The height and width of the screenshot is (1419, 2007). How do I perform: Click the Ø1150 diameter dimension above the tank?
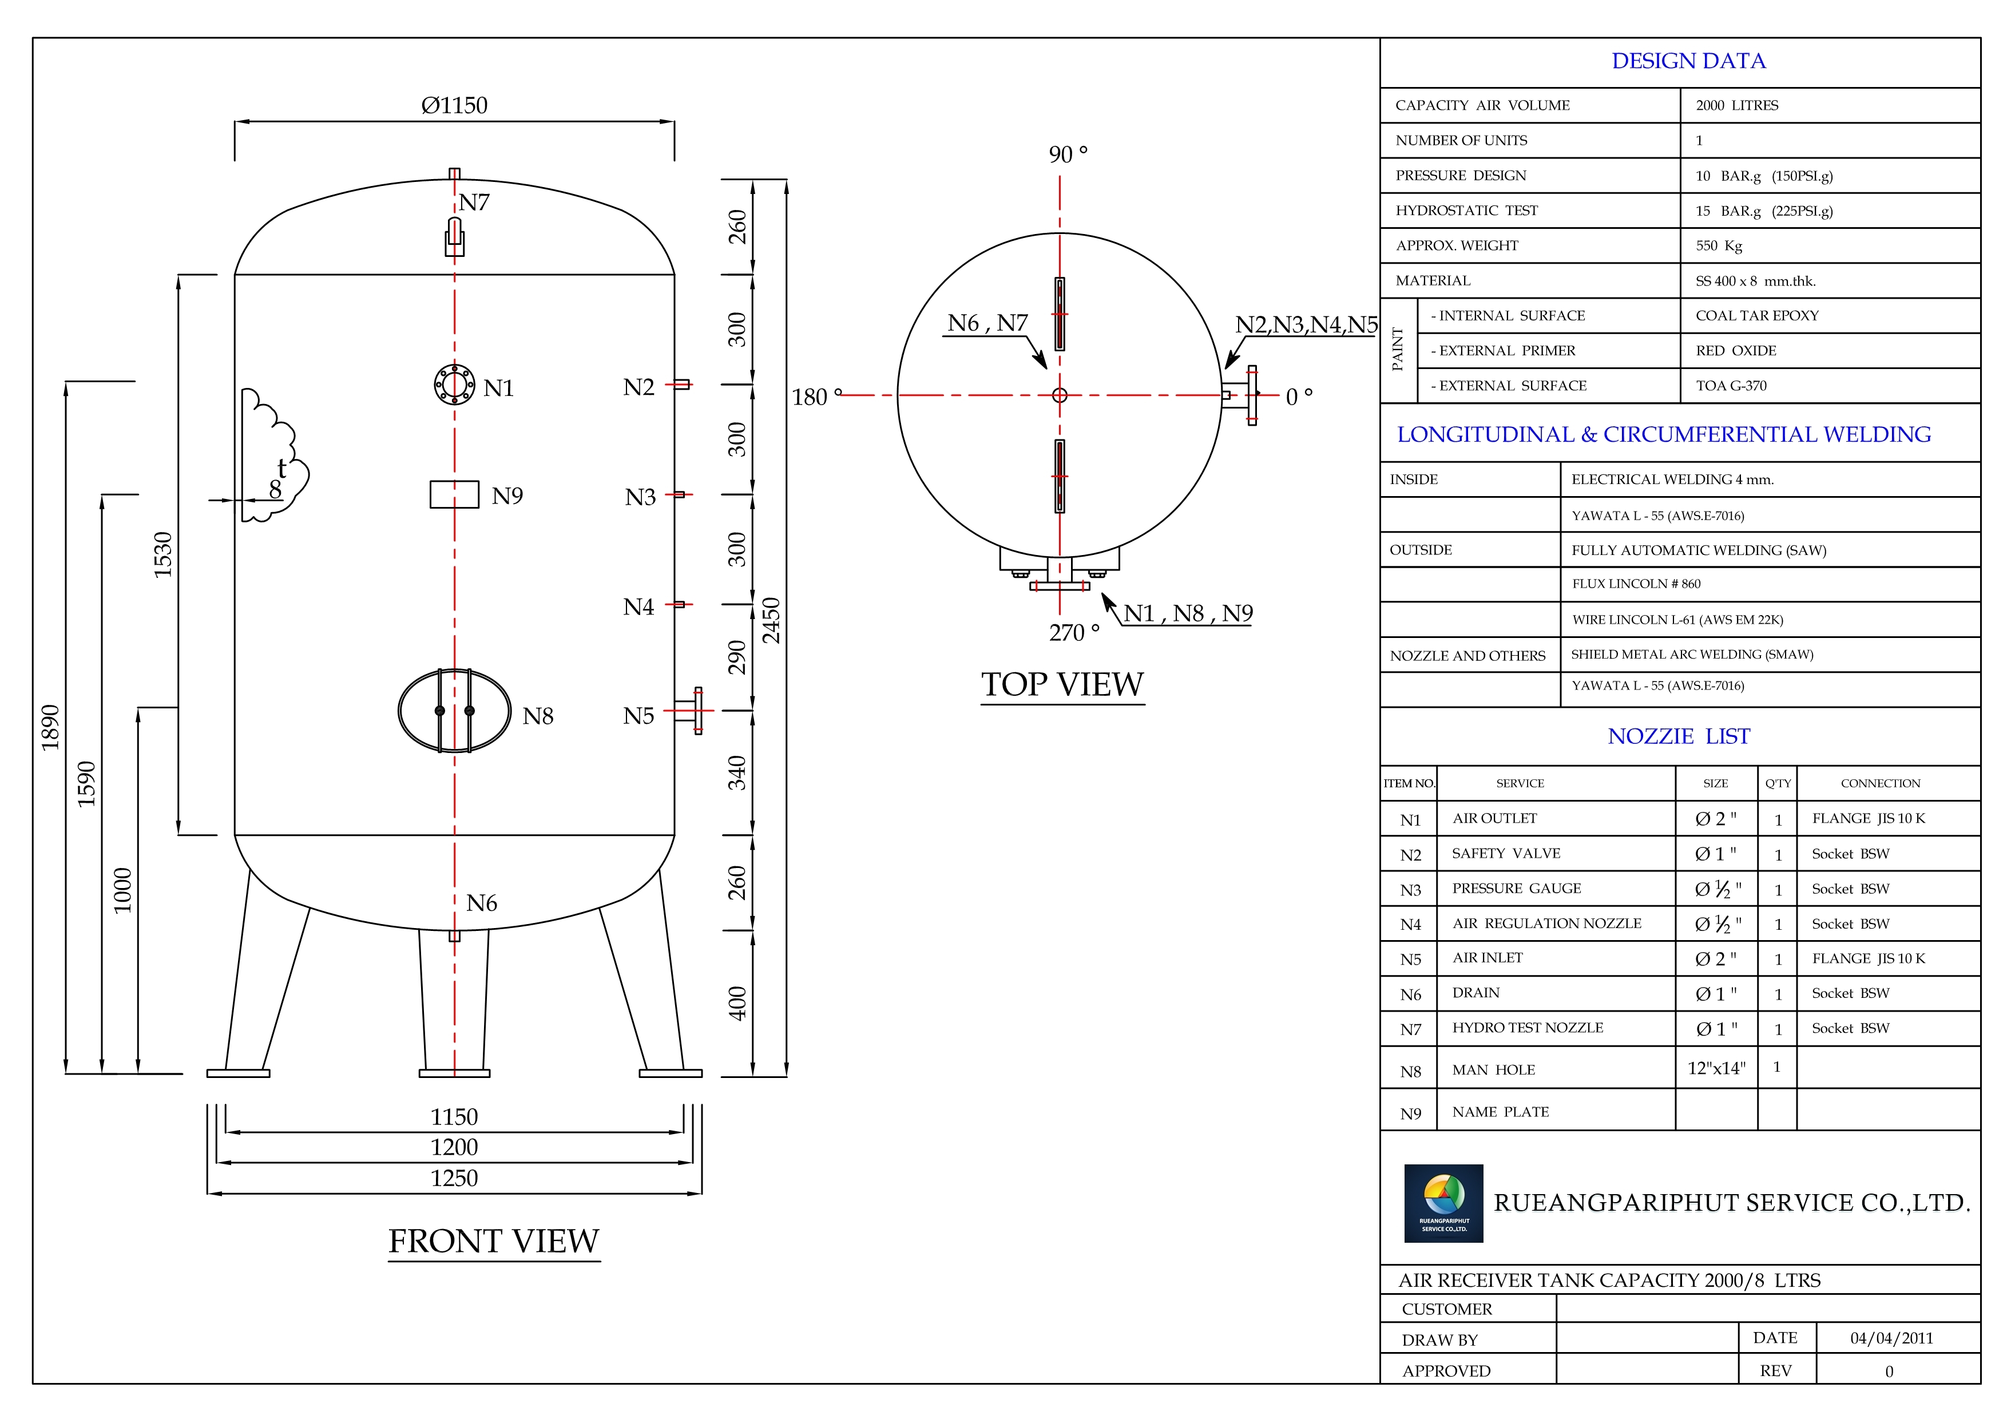pyautogui.click(x=454, y=106)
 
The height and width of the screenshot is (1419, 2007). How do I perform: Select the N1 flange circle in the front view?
pyautogui.click(x=454, y=385)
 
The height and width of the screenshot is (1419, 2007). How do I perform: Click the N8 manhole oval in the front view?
pyautogui.click(x=454, y=711)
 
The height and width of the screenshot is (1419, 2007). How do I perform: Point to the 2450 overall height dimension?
pyautogui.click(x=771, y=621)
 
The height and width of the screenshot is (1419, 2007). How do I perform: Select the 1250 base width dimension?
pyautogui.click(x=454, y=1178)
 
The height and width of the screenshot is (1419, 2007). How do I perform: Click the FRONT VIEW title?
pyautogui.click(x=494, y=1240)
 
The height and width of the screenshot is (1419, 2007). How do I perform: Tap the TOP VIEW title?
pyautogui.click(x=1062, y=684)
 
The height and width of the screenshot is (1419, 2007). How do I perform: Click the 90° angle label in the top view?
pyautogui.click(x=1068, y=154)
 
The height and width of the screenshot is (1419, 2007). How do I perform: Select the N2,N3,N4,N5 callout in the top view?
pyautogui.click(x=1306, y=324)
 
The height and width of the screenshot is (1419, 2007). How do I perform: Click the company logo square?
pyautogui.click(x=1443, y=1203)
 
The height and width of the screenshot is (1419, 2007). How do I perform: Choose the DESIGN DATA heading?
pyautogui.click(x=1688, y=61)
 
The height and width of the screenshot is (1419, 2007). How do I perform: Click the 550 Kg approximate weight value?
pyautogui.click(x=1719, y=245)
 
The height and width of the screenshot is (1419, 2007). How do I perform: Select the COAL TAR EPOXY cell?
pyautogui.click(x=1757, y=316)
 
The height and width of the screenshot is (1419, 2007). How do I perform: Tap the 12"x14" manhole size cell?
pyautogui.click(x=1716, y=1068)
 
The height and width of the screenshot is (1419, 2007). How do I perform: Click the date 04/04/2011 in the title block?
pyautogui.click(x=1891, y=1338)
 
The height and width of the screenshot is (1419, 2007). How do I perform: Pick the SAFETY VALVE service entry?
pyautogui.click(x=1506, y=853)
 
